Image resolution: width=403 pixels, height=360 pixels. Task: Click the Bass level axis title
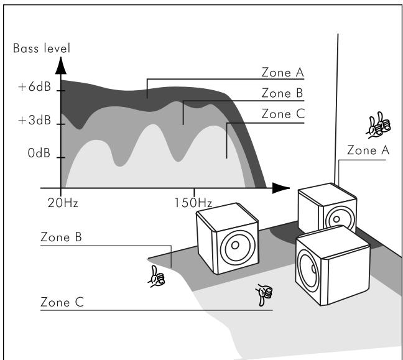point(42,48)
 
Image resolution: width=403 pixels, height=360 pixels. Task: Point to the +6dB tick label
point(35,86)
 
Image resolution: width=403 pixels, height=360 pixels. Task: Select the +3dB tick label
point(35,120)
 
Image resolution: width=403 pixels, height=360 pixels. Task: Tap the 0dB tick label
point(39,153)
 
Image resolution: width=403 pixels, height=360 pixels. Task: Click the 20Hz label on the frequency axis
point(63,203)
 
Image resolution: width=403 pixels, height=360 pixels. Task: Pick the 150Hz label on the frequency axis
point(193,203)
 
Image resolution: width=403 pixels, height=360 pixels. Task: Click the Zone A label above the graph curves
point(283,72)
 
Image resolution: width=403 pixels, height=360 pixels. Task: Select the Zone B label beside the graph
point(282,93)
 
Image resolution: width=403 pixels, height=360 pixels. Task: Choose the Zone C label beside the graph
point(283,114)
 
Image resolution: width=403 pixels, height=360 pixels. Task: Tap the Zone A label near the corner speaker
point(368,150)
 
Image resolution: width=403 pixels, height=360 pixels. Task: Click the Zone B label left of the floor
point(61,237)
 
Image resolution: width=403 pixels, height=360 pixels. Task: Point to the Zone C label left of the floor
point(62,302)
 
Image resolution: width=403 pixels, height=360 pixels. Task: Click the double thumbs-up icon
point(378,125)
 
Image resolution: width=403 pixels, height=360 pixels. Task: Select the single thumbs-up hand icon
point(156,277)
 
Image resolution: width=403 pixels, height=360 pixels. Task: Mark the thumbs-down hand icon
point(264,295)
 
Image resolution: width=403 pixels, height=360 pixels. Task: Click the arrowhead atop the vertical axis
point(61,66)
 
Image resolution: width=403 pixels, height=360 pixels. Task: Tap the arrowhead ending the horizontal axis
point(281,188)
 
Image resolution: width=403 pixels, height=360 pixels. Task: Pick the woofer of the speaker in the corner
point(337,219)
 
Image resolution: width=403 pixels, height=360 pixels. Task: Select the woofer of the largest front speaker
point(308,269)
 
